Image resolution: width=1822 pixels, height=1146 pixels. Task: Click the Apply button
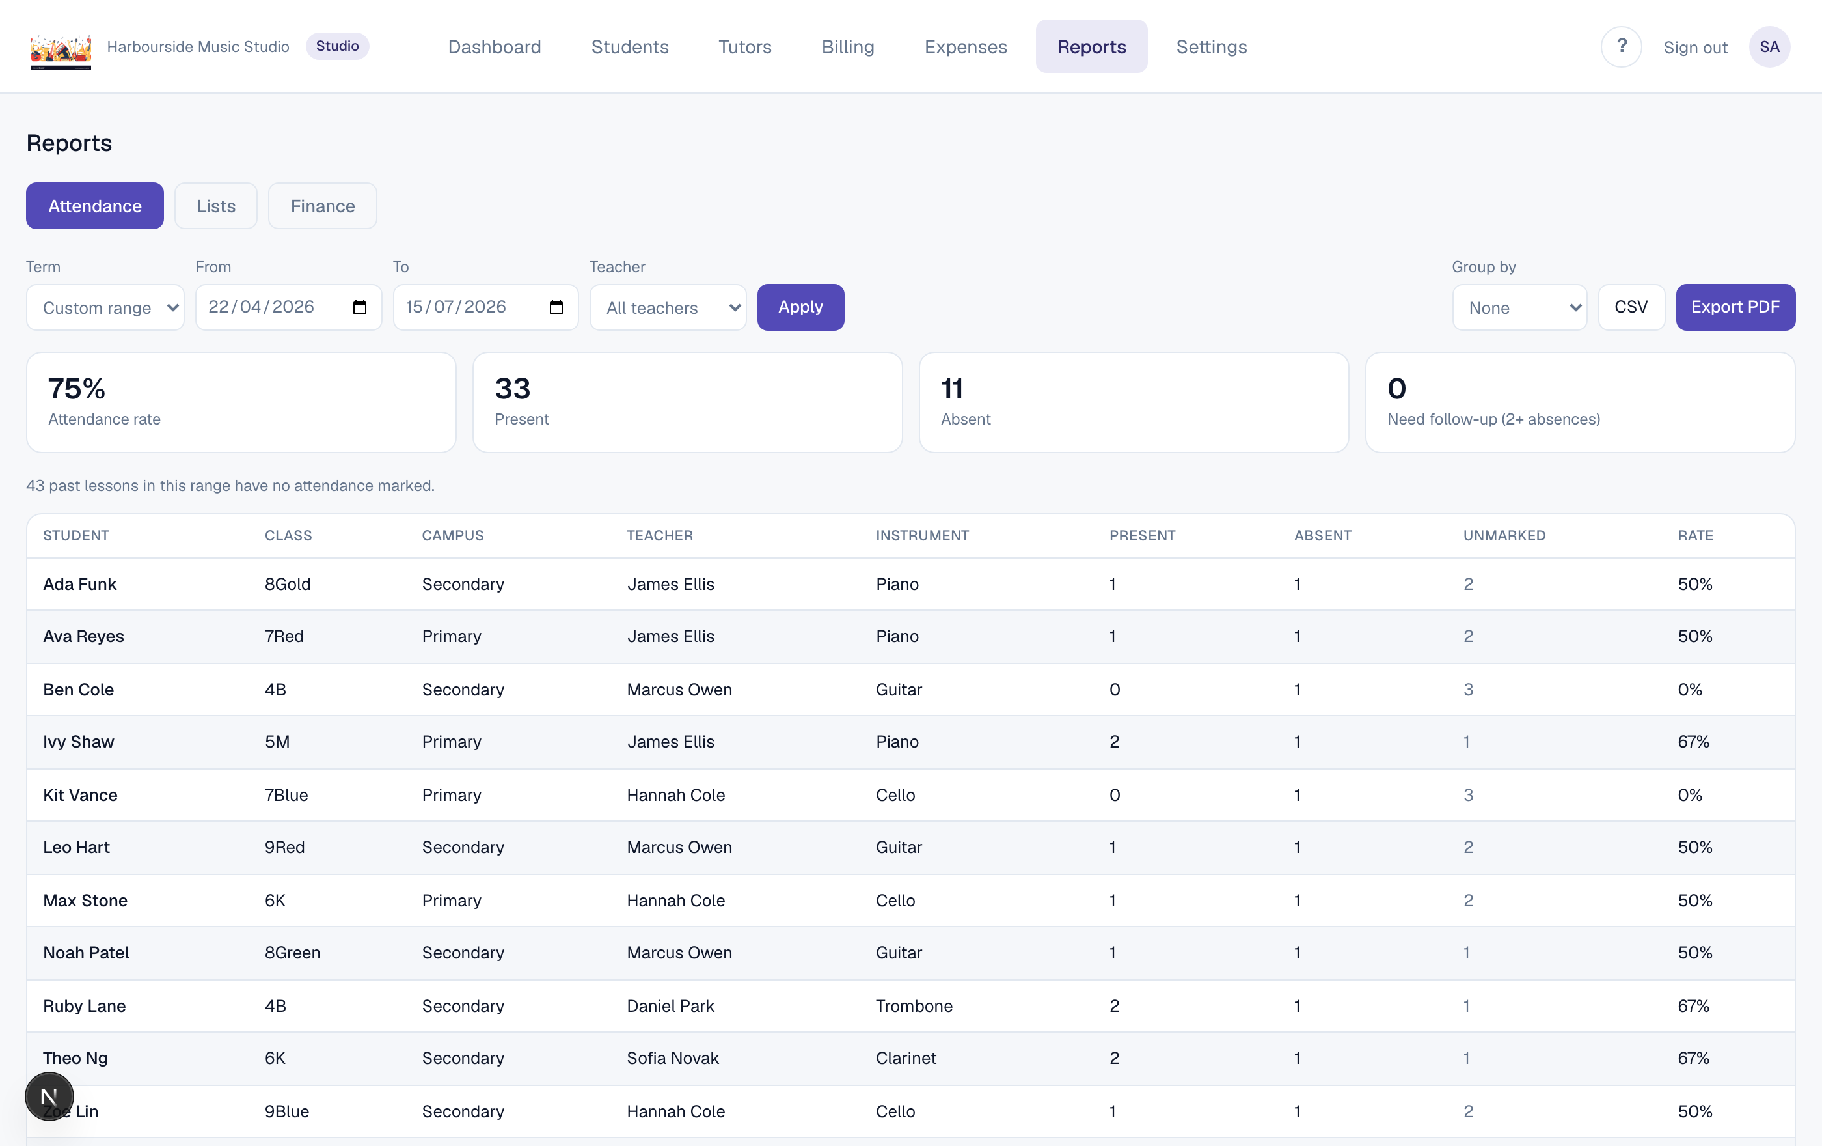pos(800,307)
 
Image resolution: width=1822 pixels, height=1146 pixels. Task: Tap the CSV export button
pos(1631,307)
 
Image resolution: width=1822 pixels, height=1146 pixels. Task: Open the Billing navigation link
pos(847,47)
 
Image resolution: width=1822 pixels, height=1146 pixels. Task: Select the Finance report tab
pos(322,206)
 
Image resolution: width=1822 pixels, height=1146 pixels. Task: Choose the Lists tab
pos(215,206)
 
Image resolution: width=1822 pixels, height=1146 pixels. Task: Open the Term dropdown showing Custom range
pos(105,307)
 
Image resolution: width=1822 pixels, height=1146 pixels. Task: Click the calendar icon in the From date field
pos(359,307)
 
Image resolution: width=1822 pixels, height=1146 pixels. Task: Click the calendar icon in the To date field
pos(556,307)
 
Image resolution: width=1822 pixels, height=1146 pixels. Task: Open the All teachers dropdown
pos(668,307)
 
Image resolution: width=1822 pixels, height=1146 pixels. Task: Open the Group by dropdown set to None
pos(1519,307)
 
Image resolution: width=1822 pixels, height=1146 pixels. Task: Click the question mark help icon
pos(1621,47)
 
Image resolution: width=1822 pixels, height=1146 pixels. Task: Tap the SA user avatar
pos(1769,47)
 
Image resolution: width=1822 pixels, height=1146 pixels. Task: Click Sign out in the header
pos(1695,48)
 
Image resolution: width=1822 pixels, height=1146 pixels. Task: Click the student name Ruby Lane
pos(84,1006)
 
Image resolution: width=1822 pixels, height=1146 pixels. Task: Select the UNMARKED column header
pos(1504,535)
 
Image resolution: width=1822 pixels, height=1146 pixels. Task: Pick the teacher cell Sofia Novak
pos(673,1058)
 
